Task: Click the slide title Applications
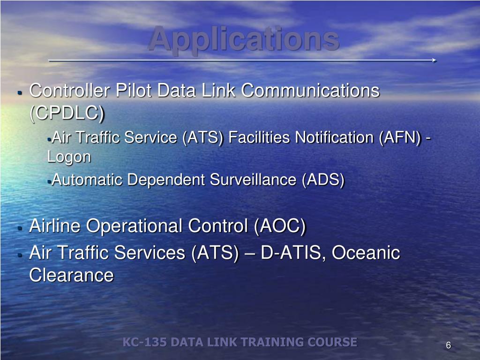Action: click(244, 39)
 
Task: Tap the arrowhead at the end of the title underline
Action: click(435, 60)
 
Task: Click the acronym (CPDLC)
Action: click(67, 113)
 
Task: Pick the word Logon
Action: click(69, 157)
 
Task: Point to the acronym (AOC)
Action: click(280, 226)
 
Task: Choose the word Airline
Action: click(55, 226)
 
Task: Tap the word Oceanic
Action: click(366, 253)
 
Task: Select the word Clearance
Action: click(71, 275)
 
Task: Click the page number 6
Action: click(448, 345)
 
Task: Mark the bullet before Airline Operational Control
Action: click(20, 228)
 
